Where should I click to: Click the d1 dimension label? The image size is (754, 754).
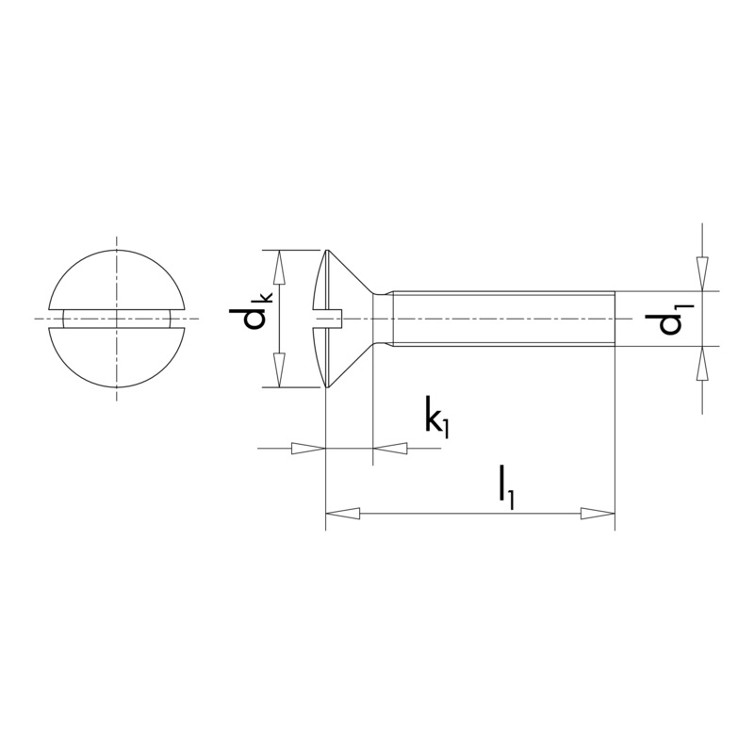point(673,320)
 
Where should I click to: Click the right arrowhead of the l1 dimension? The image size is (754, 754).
point(597,514)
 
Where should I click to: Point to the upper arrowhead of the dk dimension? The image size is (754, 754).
point(279,268)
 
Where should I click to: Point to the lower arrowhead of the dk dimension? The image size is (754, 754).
point(279,368)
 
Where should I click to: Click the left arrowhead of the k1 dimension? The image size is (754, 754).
point(307,449)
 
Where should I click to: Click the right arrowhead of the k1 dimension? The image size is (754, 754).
point(391,449)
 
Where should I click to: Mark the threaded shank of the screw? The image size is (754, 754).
point(504,319)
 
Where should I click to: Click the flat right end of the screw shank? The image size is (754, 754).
point(615,319)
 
